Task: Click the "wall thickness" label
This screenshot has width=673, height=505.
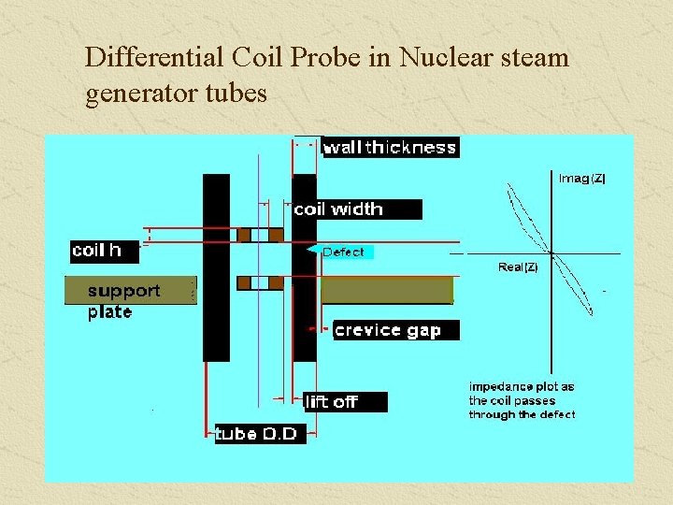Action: pos(389,147)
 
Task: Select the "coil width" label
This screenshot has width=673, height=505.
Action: pos(338,209)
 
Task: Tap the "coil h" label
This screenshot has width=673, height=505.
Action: pos(96,250)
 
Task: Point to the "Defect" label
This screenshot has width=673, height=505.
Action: pos(343,252)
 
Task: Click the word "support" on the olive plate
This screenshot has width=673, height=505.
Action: pos(123,291)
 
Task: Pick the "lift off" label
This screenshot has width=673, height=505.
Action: pos(332,402)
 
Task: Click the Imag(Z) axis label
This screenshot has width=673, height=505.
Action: pos(581,178)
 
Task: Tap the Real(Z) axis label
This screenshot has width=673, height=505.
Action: pos(518,267)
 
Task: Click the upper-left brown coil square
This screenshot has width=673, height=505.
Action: pos(245,235)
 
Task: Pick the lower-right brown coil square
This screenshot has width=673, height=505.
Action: pos(276,282)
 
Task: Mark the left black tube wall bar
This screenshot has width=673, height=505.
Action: pos(216,267)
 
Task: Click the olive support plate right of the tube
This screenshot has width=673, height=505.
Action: pos(386,290)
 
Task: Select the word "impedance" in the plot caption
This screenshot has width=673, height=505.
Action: pos(496,386)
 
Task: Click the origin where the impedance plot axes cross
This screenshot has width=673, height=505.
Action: pos(551,252)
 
